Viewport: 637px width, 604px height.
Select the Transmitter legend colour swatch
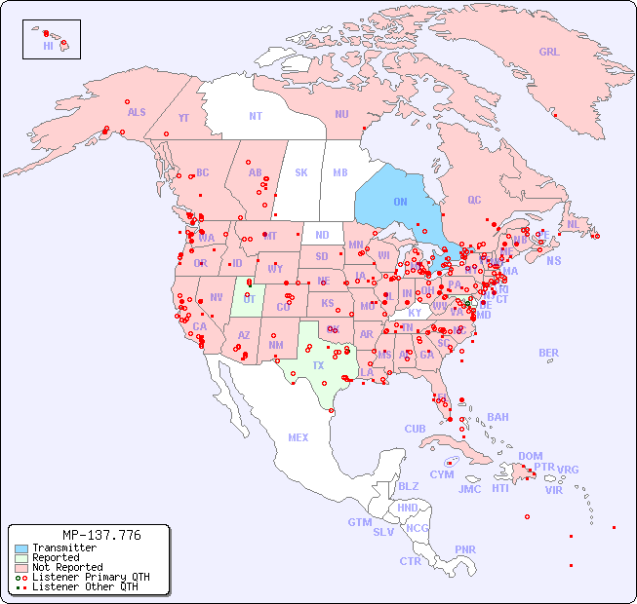[20, 548]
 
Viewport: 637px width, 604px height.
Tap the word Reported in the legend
[56, 558]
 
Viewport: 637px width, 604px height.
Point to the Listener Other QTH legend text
[84, 586]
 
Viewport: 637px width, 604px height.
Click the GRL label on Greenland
[549, 52]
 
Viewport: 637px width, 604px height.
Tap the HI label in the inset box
[48, 46]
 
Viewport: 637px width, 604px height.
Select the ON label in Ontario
[400, 202]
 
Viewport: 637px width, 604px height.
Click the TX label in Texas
[318, 365]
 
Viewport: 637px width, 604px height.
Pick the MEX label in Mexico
[299, 437]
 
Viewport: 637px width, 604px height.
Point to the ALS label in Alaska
[137, 112]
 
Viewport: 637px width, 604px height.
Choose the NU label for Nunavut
[341, 114]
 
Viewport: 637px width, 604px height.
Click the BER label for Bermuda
[549, 353]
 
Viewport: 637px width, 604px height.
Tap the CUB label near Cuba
[416, 429]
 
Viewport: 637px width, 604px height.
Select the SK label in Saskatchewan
[301, 172]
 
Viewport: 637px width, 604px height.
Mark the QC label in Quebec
[474, 200]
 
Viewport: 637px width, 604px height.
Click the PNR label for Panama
[465, 549]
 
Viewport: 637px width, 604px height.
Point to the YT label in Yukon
[183, 118]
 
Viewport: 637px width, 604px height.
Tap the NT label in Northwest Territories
[256, 115]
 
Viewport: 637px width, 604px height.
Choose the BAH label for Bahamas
[498, 417]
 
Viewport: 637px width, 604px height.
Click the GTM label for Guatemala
[360, 522]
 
